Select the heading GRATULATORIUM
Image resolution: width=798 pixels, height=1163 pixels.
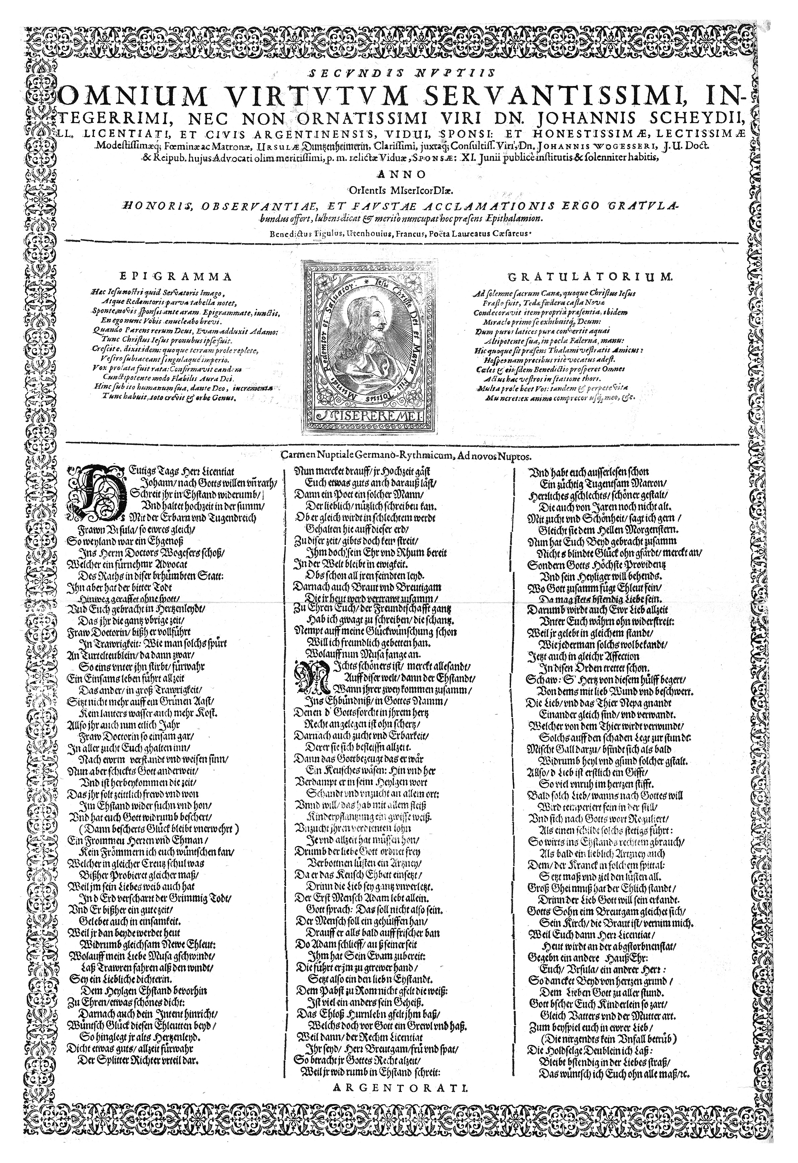point(591,277)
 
